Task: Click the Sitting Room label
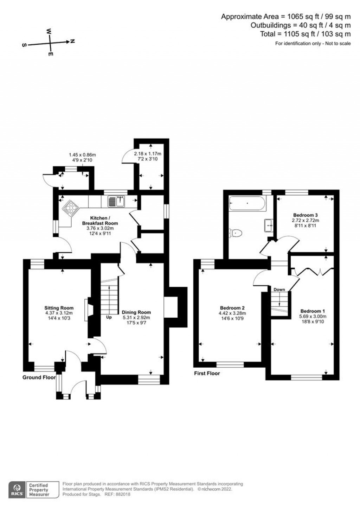59,308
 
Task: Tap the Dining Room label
136,312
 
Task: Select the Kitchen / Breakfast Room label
100,221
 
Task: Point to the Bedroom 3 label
305,215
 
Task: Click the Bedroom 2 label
232,308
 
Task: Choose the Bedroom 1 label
313,311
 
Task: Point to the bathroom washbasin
269,225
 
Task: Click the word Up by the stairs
109,317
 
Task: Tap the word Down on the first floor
279,290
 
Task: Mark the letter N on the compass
72,41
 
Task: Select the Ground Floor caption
39,377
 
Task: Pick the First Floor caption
207,373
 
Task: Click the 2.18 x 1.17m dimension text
148,154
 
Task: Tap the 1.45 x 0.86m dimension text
83,155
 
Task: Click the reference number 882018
123,494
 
